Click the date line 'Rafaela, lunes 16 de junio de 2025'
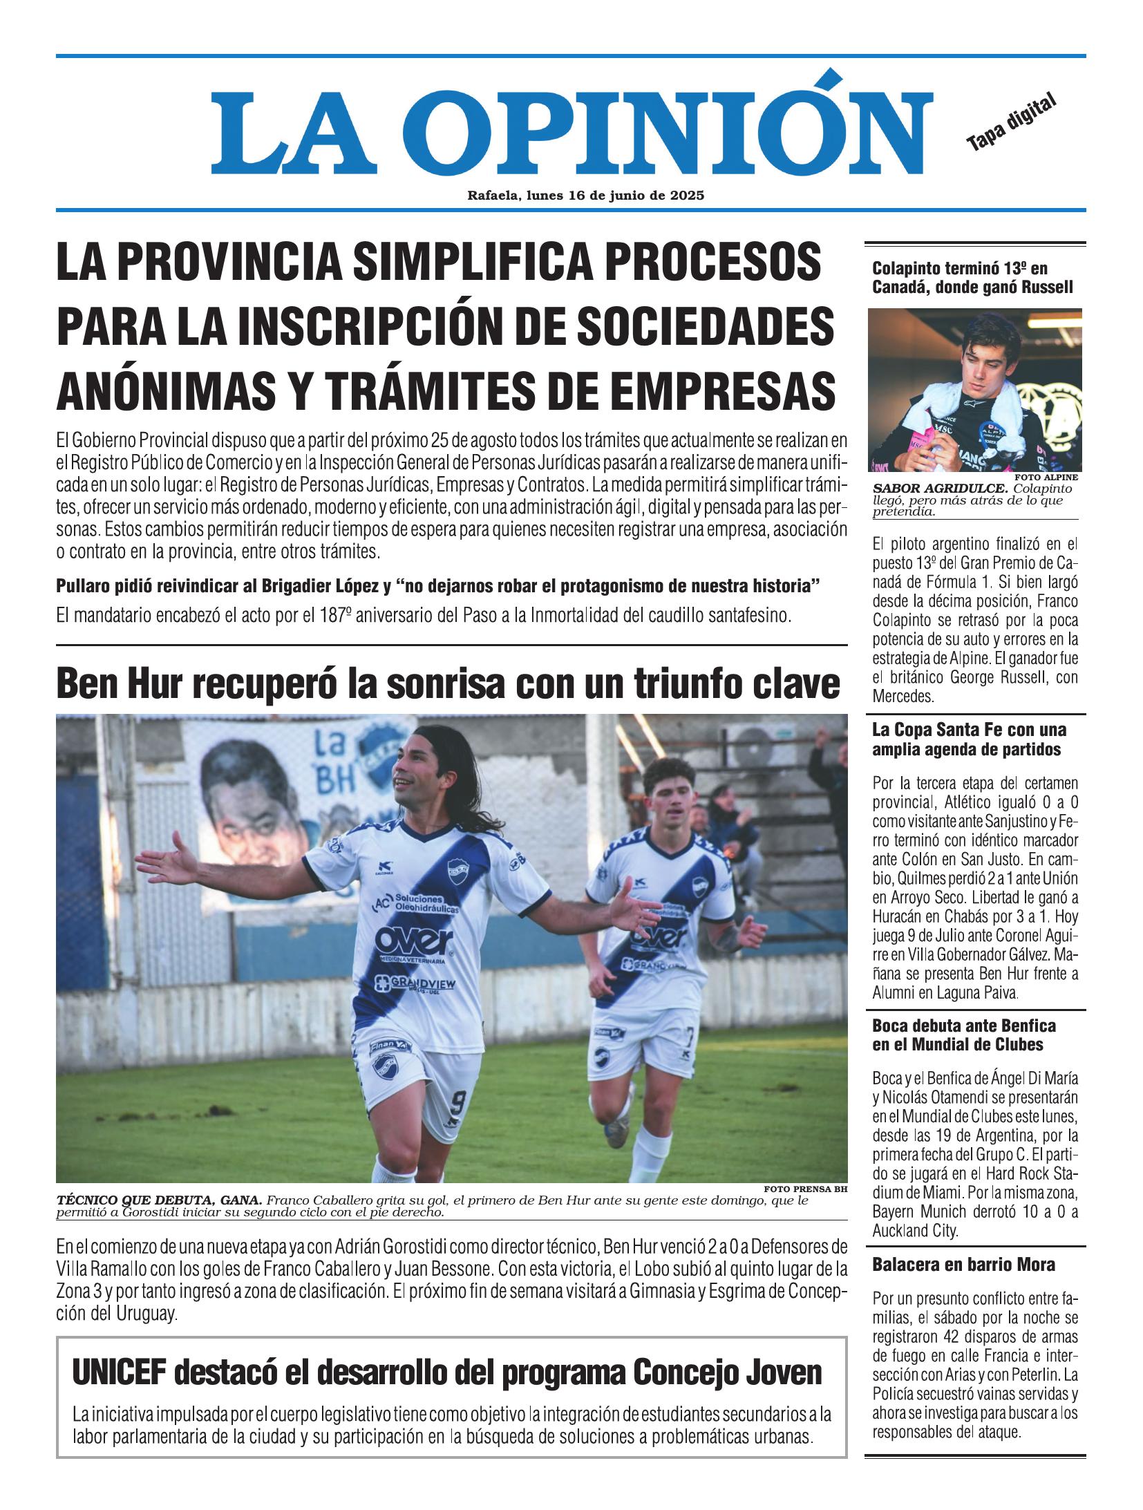pos(585,196)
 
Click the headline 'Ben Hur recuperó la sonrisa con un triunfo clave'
pos(448,684)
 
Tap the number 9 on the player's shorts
pos(456,1100)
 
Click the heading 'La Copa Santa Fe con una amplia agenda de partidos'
pos(969,739)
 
